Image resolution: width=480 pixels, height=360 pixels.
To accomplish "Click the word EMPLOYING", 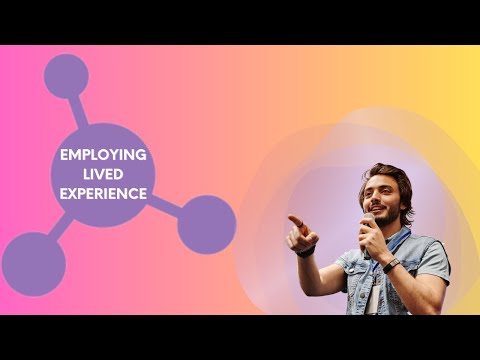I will [103, 155].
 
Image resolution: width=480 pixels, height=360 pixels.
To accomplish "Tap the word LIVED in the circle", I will [103, 174].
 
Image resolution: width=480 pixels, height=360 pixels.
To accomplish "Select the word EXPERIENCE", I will [103, 193].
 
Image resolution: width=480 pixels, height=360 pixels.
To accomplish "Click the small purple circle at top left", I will [66, 75].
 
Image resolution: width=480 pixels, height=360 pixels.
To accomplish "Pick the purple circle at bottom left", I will [33, 264].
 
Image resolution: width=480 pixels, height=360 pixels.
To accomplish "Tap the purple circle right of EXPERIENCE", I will [206, 223].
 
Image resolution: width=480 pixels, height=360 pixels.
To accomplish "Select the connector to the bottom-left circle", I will [60, 228].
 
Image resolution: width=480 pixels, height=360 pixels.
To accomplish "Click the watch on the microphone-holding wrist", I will [390, 265].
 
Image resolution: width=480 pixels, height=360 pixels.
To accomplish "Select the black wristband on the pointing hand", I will [306, 251].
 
